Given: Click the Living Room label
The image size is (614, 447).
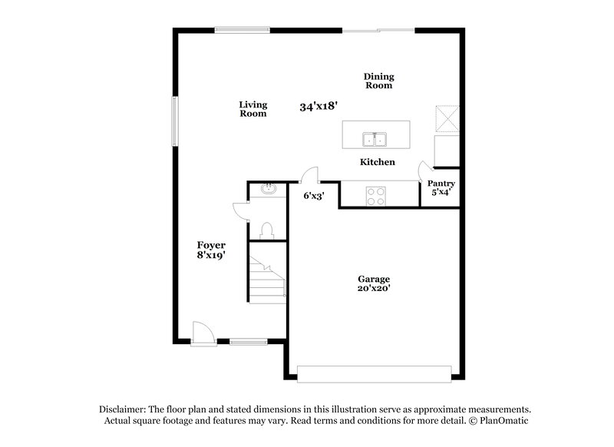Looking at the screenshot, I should (253, 109).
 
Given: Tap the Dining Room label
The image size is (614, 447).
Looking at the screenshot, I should (378, 81).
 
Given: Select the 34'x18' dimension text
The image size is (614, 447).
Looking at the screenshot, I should (320, 107).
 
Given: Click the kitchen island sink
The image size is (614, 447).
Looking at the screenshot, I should (375, 139).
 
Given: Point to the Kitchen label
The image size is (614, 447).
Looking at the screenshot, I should (378, 162).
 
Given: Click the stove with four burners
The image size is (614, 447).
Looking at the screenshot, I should (376, 197).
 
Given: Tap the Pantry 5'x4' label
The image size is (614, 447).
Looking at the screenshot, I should (441, 188).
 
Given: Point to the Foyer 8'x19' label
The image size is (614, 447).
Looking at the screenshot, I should (210, 250).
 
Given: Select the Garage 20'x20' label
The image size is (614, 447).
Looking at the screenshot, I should (374, 283).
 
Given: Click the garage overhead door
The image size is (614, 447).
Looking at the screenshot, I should (375, 374).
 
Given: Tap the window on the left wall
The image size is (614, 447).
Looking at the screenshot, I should (174, 121).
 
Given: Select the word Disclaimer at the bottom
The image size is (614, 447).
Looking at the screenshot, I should (126, 409).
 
